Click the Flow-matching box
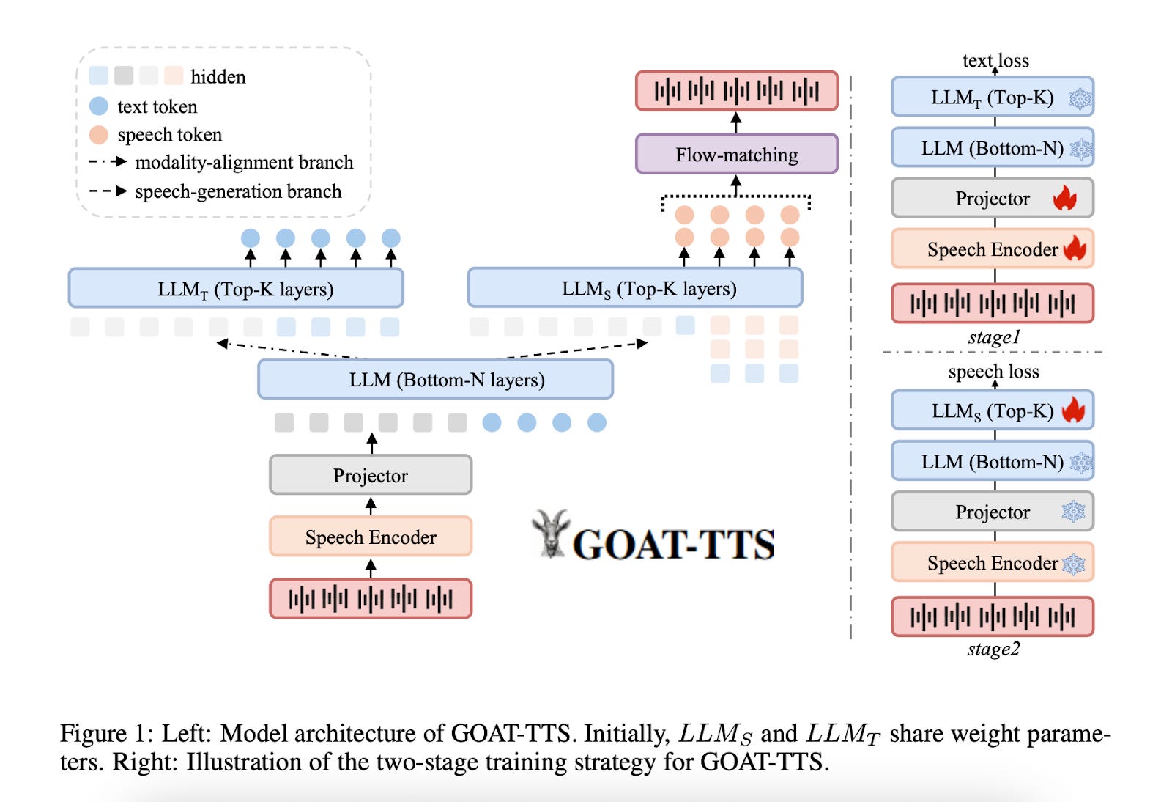coord(736,154)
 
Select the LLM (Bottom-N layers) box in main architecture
coord(435,379)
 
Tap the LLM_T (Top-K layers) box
coord(235,288)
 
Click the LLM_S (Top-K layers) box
coord(634,288)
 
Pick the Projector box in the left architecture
coord(370,475)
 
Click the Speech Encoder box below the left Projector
coord(370,537)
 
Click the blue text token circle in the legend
coord(99,106)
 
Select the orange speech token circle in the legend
coord(99,135)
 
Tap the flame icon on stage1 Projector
coord(1064,198)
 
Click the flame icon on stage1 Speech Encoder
coord(1075,249)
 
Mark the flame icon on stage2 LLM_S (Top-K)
coord(1073,410)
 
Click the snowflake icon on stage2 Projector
coord(1073,512)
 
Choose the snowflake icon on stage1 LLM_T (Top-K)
coord(1079,98)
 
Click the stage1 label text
coord(993,337)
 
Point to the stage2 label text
coord(993,649)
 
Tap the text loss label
coord(995,60)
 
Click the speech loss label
coord(993,371)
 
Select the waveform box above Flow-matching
coord(736,91)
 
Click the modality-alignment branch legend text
coord(244,162)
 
